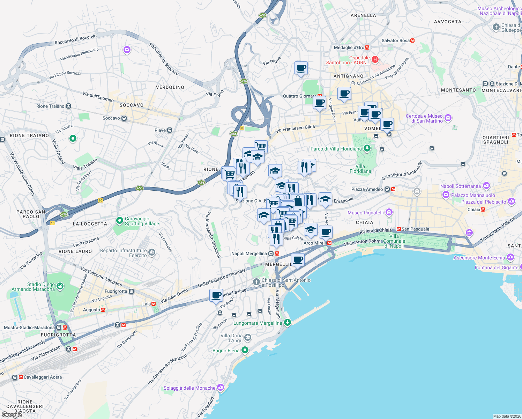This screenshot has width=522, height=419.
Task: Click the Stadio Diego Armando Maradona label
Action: pyautogui.click(x=33, y=287)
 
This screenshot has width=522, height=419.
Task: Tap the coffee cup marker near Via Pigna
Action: pyautogui.click(x=301, y=68)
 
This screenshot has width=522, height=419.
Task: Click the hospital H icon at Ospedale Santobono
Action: pyautogui.click(x=375, y=59)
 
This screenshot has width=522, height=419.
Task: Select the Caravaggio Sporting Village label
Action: pyautogui.click(x=142, y=221)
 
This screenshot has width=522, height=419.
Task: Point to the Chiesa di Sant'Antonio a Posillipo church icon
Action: pyautogui.click(x=256, y=281)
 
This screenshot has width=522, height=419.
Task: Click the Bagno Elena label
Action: pyautogui.click(x=226, y=351)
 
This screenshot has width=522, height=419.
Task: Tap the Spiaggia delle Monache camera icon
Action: pyautogui.click(x=220, y=387)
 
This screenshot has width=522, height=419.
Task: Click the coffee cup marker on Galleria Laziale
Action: pyautogui.click(x=216, y=295)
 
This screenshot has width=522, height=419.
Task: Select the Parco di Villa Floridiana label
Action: pyautogui.click(x=336, y=149)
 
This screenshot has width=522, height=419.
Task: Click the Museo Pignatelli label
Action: pyautogui.click(x=365, y=213)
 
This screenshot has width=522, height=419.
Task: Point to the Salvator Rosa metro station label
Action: pyautogui.click(x=395, y=41)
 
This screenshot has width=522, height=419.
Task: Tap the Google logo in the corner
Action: pyautogui.click(x=12, y=415)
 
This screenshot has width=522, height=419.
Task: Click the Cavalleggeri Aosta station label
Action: pyautogui.click(x=43, y=377)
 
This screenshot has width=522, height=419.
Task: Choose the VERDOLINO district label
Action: pyautogui.click(x=170, y=87)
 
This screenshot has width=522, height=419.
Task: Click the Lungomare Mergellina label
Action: pyautogui.click(x=258, y=323)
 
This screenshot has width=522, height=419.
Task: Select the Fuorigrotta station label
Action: pyautogui.click(x=116, y=291)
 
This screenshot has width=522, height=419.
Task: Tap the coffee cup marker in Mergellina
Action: pyautogui.click(x=298, y=259)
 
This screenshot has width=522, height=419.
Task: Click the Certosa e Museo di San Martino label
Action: pyautogui.click(x=424, y=118)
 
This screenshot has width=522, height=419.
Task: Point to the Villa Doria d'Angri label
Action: pyautogui.click(x=231, y=338)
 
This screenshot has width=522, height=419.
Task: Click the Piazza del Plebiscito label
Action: pyautogui.click(x=483, y=202)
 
